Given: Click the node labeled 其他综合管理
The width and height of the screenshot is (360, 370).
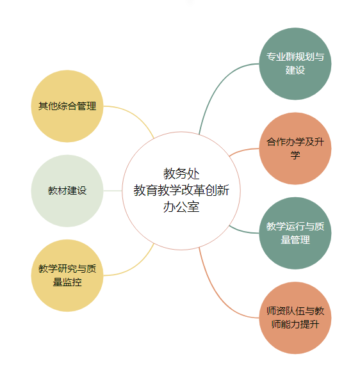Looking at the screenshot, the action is click(x=67, y=106).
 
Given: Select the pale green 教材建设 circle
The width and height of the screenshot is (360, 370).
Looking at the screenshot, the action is click(x=67, y=191).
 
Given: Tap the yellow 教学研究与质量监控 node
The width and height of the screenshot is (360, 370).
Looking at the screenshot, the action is click(x=67, y=275).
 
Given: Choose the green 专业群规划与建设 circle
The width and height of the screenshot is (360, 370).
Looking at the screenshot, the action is click(x=295, y=64).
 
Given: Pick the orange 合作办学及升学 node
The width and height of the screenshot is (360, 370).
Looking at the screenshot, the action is click(x=295, y=149).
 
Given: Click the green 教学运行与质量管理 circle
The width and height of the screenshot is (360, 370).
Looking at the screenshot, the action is click(x=295, y=233).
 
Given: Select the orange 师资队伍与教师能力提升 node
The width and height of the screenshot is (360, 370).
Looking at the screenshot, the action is click(x=295, y=318).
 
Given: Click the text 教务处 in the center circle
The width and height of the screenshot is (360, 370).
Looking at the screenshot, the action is click(x=181, y=174).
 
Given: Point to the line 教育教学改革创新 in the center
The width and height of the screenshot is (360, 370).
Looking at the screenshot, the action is click(x=181, y=190).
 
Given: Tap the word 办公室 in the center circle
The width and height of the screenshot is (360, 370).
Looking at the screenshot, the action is click(x=181, y=207).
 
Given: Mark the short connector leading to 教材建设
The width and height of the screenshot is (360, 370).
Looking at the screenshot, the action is click(x=113, y=191).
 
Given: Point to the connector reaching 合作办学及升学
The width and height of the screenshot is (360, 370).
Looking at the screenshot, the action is click(x=243, y=150).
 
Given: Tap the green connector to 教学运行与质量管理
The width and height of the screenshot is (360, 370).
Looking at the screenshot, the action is click(x=243, y=231).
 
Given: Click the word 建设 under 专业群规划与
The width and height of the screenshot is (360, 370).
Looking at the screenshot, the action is click(x=295, y=70).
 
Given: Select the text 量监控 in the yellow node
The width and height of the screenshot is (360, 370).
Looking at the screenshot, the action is click(x=67, y=282).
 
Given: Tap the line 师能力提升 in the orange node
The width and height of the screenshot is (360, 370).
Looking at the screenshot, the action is click(x=295, y=324).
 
